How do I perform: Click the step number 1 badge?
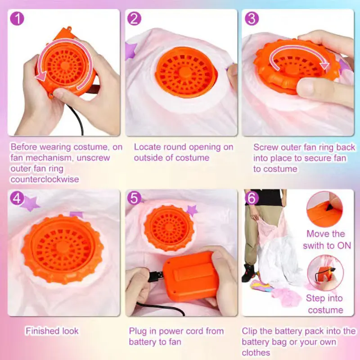tap(17, 18)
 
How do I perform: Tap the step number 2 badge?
tap(134, 18)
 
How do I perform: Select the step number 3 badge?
tap(252, 18)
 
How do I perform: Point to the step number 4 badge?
tap(17, 198)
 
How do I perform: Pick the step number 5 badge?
tap(134, 198)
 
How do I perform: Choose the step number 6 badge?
tap(252, 198)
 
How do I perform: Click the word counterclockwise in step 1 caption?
tap(45, 179)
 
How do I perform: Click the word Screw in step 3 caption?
tap(265, 148)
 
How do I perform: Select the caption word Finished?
tap(40, 331)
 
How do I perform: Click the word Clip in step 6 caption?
tap(250, 331)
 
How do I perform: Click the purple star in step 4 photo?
tap(30, 203)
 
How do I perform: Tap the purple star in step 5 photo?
tap(192, 210)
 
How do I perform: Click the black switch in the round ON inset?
tap(330, 207)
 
